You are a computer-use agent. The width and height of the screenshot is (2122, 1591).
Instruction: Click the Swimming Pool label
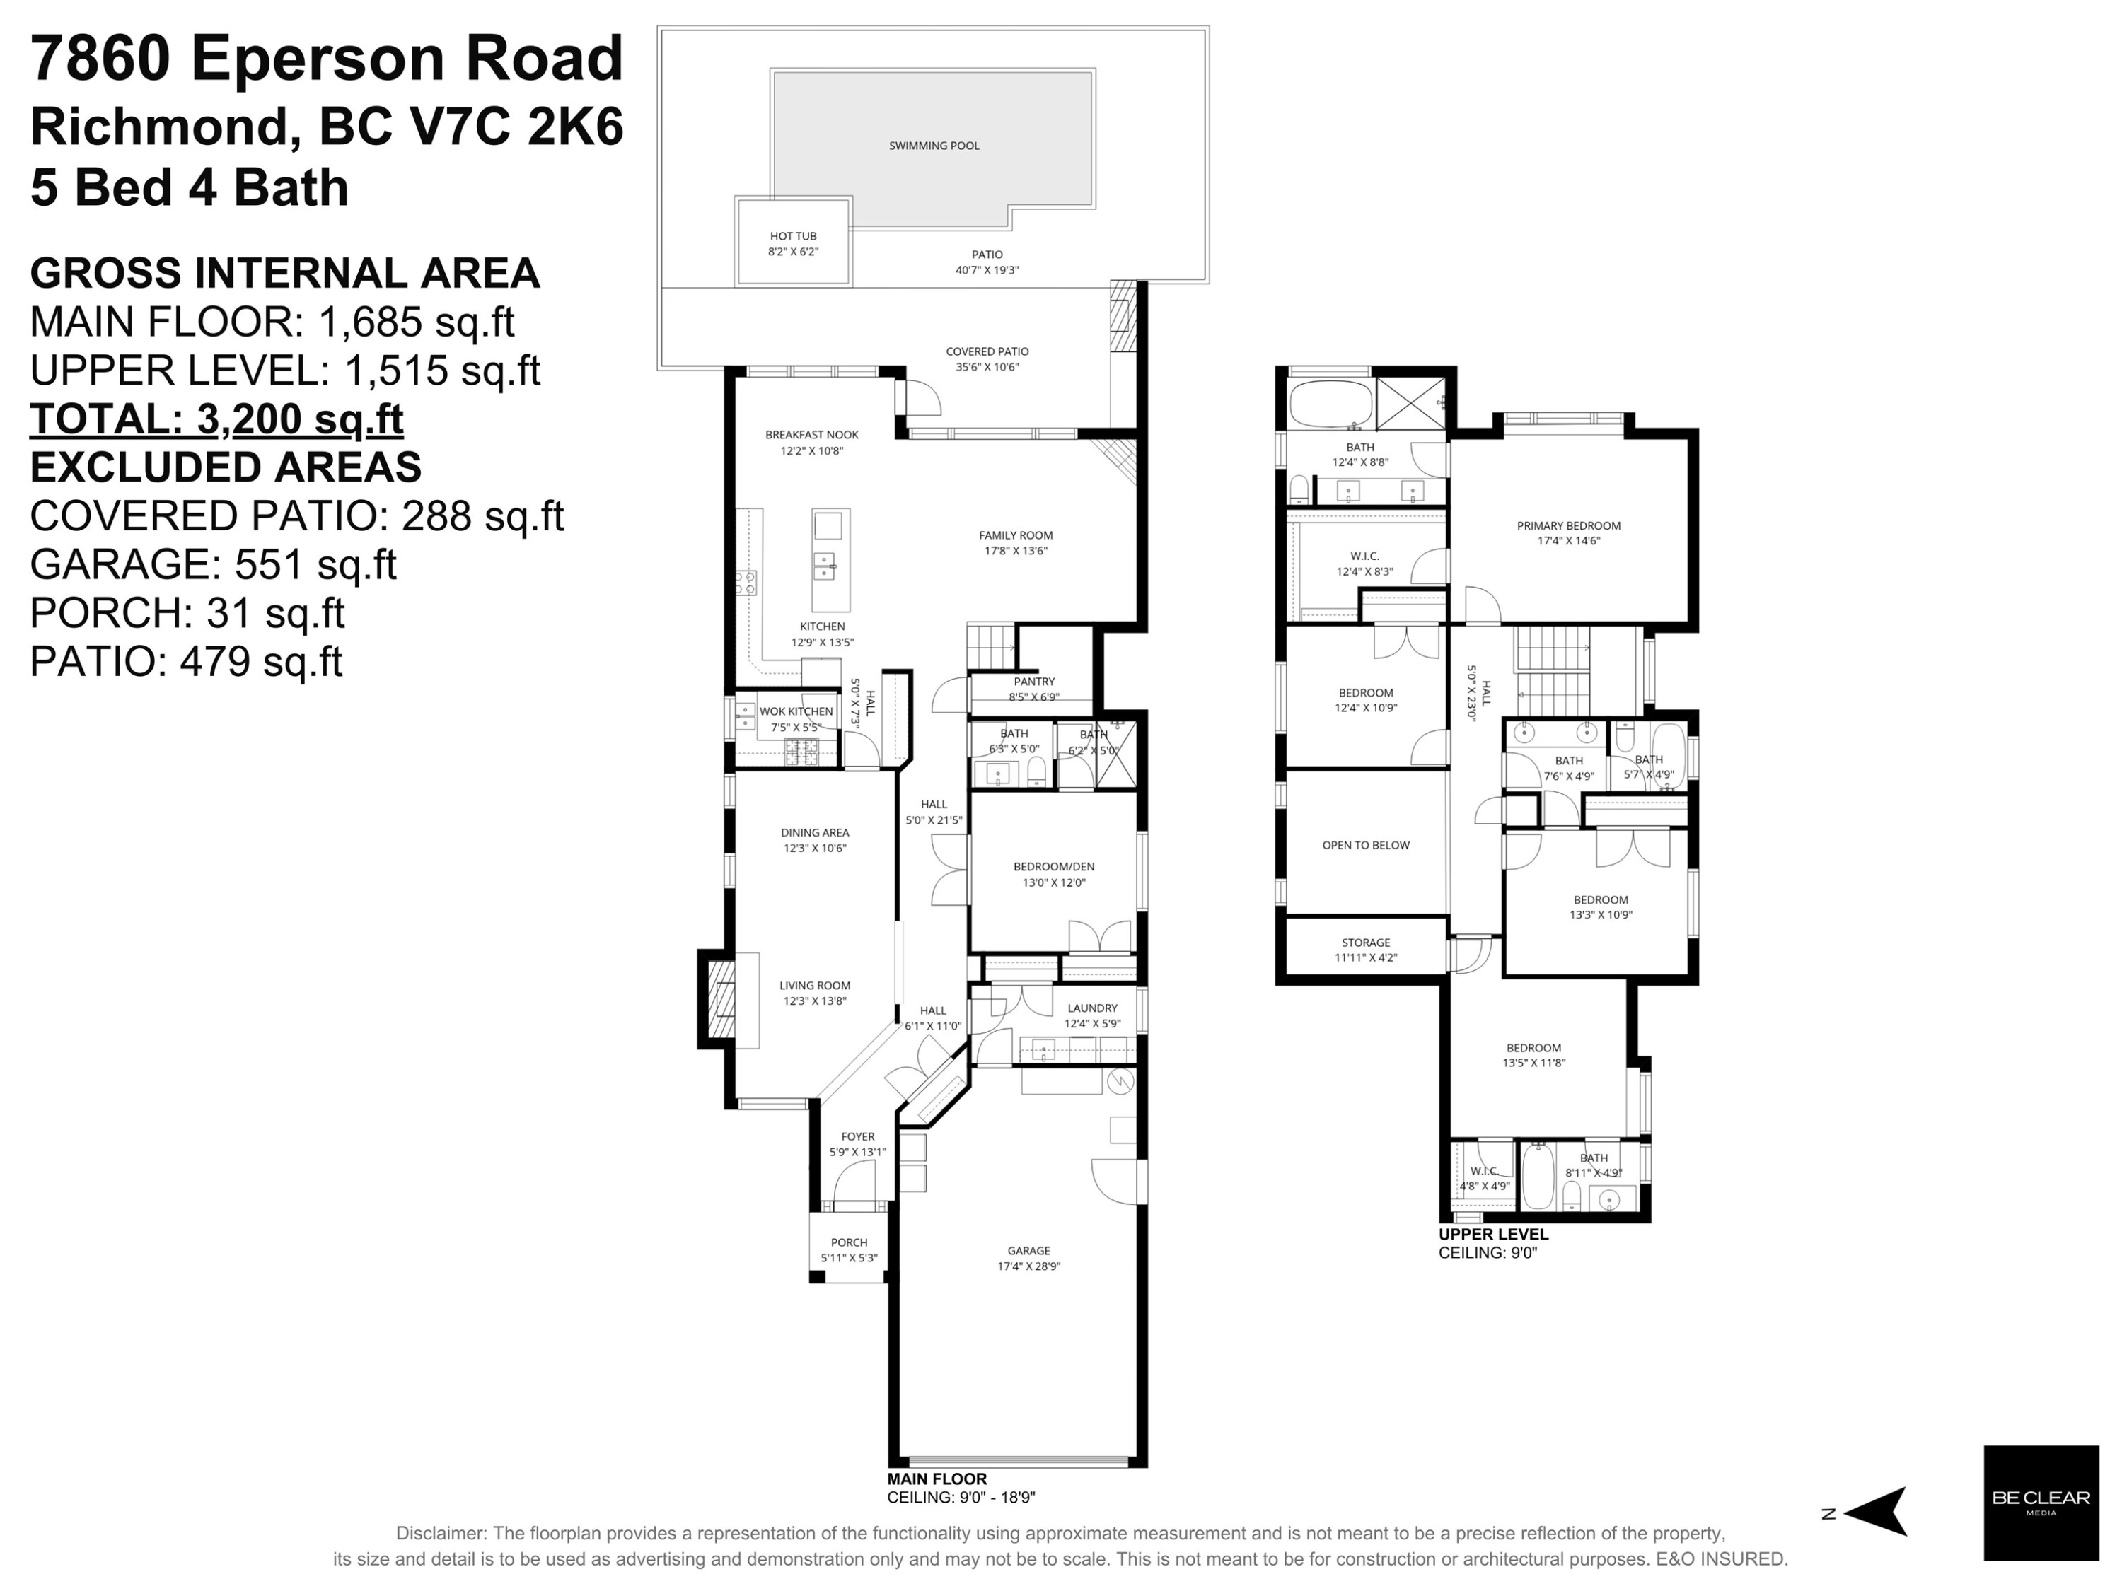tap(934, 146)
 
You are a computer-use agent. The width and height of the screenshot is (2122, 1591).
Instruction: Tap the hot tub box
tap(792, 243)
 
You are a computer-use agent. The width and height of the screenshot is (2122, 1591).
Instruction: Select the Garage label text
tap(1028, 1251)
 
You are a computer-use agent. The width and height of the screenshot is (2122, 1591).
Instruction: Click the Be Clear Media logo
tap(2041, 1503)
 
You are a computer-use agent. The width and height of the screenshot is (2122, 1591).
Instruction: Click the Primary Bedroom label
tap(1567, 525)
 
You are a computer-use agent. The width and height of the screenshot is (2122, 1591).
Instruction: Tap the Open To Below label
tap(1365, 845)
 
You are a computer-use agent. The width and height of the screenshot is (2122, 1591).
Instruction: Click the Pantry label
tap(1033, 682)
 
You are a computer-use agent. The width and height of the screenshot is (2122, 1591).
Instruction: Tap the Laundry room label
tap(1091, 1008)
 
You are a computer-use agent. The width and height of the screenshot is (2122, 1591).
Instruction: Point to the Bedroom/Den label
tap(1053, 866)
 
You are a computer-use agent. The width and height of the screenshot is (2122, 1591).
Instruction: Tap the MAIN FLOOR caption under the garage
tap(937, 1479)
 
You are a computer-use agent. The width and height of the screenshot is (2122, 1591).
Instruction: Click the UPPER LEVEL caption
tap(1492, 1234)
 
